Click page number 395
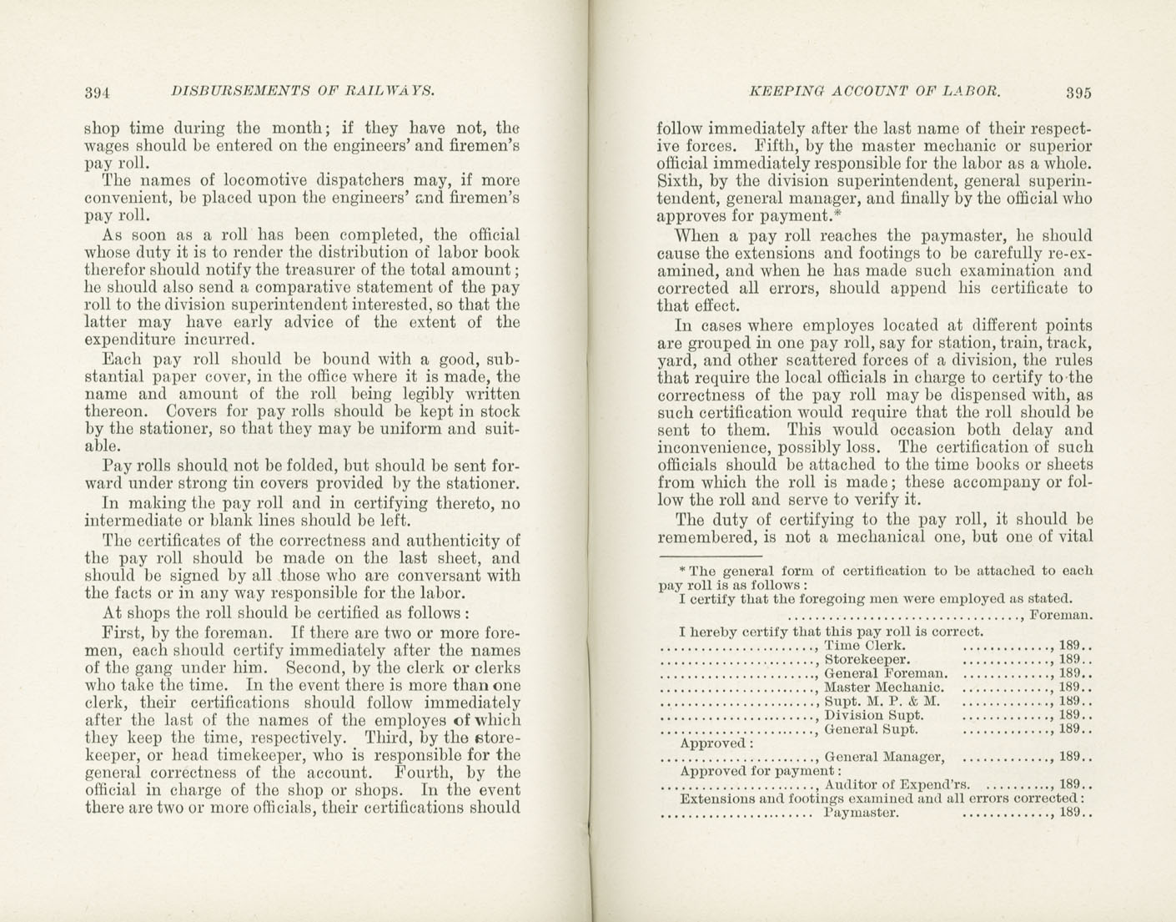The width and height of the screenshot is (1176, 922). [x=1078, y=93]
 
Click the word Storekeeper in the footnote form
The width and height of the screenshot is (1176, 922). [x=860, y=659]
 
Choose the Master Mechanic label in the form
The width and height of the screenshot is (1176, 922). [x=883, y=688]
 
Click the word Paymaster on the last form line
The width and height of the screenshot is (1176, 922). [x=860, y=813]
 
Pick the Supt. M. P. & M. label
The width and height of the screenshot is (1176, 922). [x=882, y=701]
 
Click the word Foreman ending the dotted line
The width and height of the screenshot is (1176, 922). [x=1062, y=616]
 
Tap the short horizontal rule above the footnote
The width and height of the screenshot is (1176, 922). [x=710, y=557]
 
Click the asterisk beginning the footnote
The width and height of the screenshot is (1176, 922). [x=682, y=570]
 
